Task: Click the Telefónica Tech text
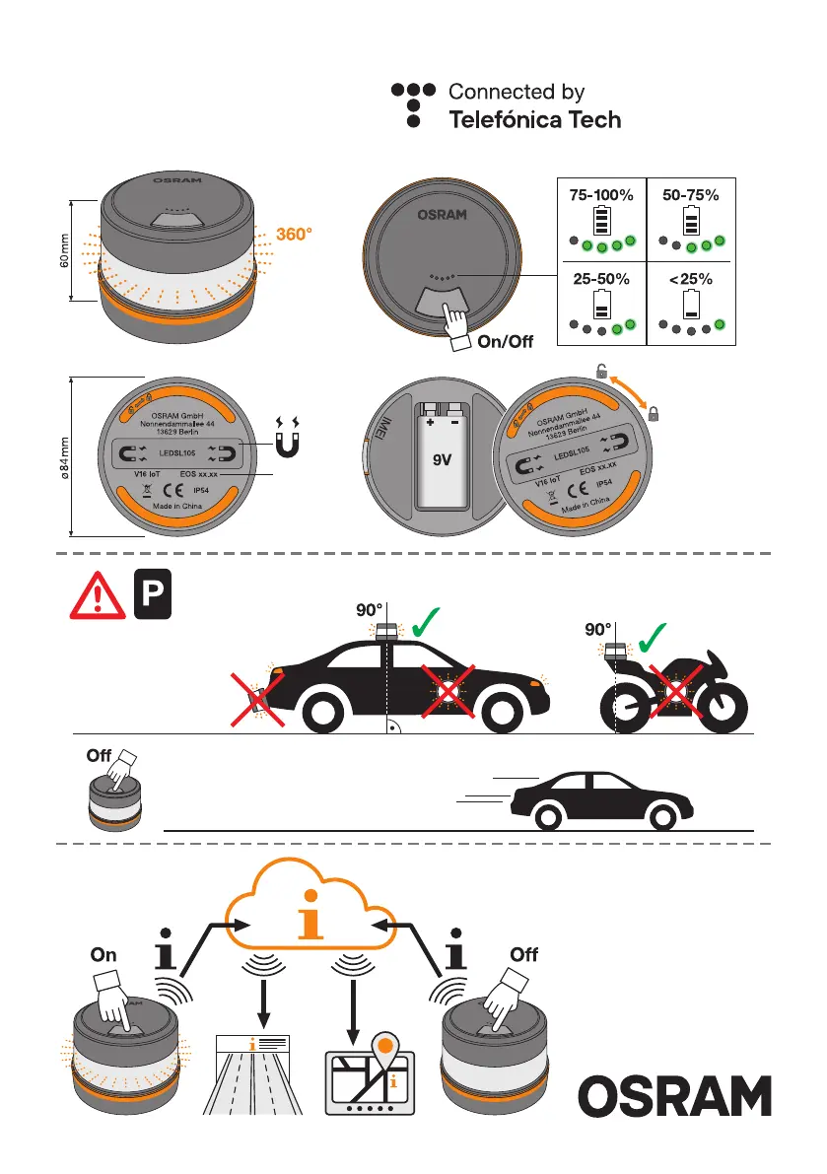pos(535,120)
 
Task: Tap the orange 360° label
pos(296,236)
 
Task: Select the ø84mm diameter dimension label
pos(63,457)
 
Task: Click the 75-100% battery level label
pos(600,195)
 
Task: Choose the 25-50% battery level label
pos(600,279)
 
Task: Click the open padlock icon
pos(601,372)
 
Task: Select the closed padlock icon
pos(653,416)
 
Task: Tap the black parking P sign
pos(152,594)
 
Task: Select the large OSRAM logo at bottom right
pos(675,1096)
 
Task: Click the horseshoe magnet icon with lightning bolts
pos(292,440)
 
